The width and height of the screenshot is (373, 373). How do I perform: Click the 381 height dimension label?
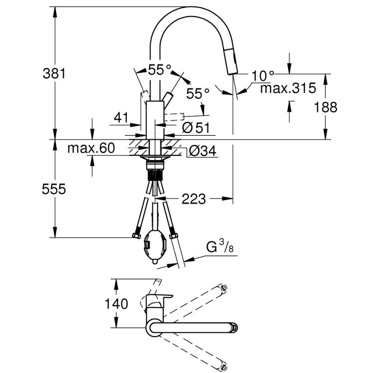coord(54,73)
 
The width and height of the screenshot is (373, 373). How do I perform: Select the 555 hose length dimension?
coord(54,189)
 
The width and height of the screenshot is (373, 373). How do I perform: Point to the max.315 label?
coord(288,89)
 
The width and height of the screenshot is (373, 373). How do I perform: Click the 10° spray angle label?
coord(263,76)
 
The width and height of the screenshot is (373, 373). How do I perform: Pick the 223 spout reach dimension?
coord(193,199)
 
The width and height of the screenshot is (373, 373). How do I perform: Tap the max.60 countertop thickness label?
coord(91,148)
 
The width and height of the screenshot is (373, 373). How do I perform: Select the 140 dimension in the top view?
coord(116,304)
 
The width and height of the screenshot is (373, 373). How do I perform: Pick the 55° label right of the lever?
coord(198,93)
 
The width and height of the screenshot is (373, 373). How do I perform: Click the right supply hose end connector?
coord(174,235)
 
